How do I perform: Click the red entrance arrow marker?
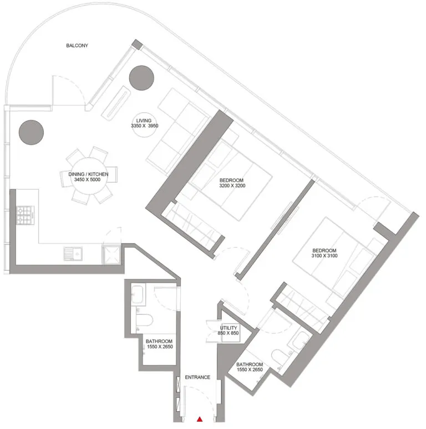coord(201,419)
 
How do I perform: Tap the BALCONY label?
coord(77,46)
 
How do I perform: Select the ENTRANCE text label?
coord(197,377)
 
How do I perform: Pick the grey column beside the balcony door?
coord(31,132)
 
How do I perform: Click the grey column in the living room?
coord(141,78)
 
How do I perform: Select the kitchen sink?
coord(73,253)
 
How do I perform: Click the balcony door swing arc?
coord(69,89)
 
